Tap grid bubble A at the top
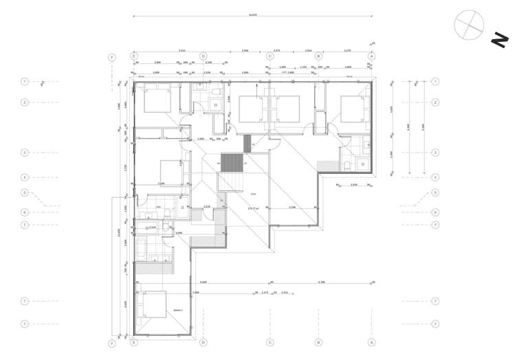point(372,56)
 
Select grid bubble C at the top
point(270,56)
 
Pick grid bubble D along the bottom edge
point(204,341)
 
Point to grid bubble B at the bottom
point(319,341)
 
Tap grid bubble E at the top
point(134,56)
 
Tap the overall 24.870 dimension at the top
point(252,14)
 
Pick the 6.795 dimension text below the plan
point(321,282)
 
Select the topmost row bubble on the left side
point(25,82)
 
